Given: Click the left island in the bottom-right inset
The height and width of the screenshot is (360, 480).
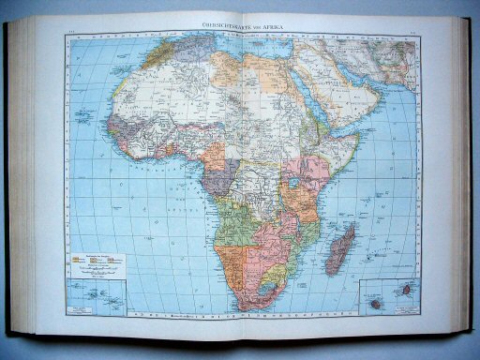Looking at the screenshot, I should (x=376, y=303).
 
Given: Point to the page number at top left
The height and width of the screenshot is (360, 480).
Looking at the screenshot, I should (x=72, y=36).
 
